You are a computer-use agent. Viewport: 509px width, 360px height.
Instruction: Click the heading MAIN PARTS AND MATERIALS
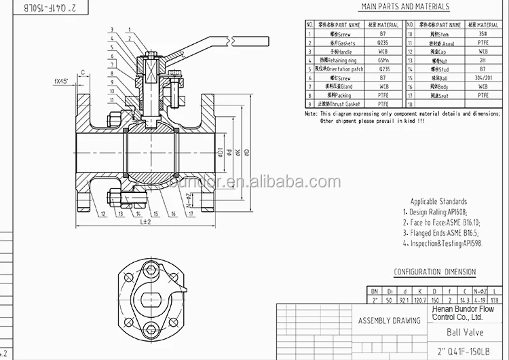[404, 7]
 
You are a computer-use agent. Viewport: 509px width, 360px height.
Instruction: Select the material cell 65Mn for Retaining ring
[385, 60]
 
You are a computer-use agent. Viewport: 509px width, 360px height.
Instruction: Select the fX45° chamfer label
[65, 82]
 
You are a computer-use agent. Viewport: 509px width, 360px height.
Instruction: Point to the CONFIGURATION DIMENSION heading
[434, 272]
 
